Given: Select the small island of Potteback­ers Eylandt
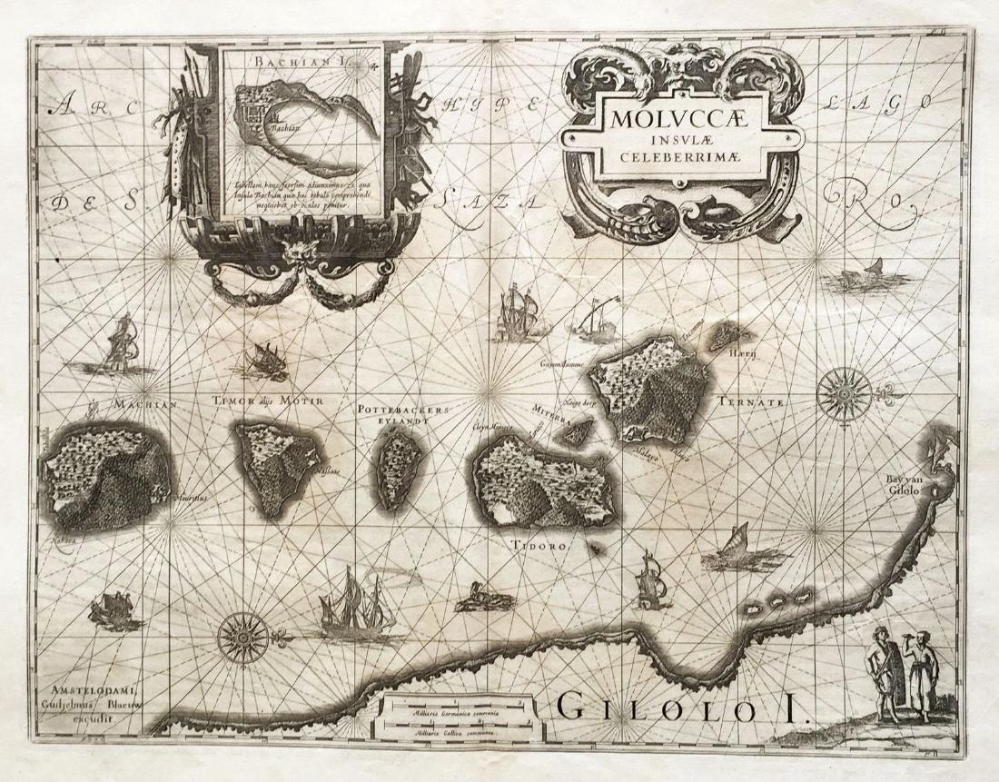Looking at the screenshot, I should tap(395, 467).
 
